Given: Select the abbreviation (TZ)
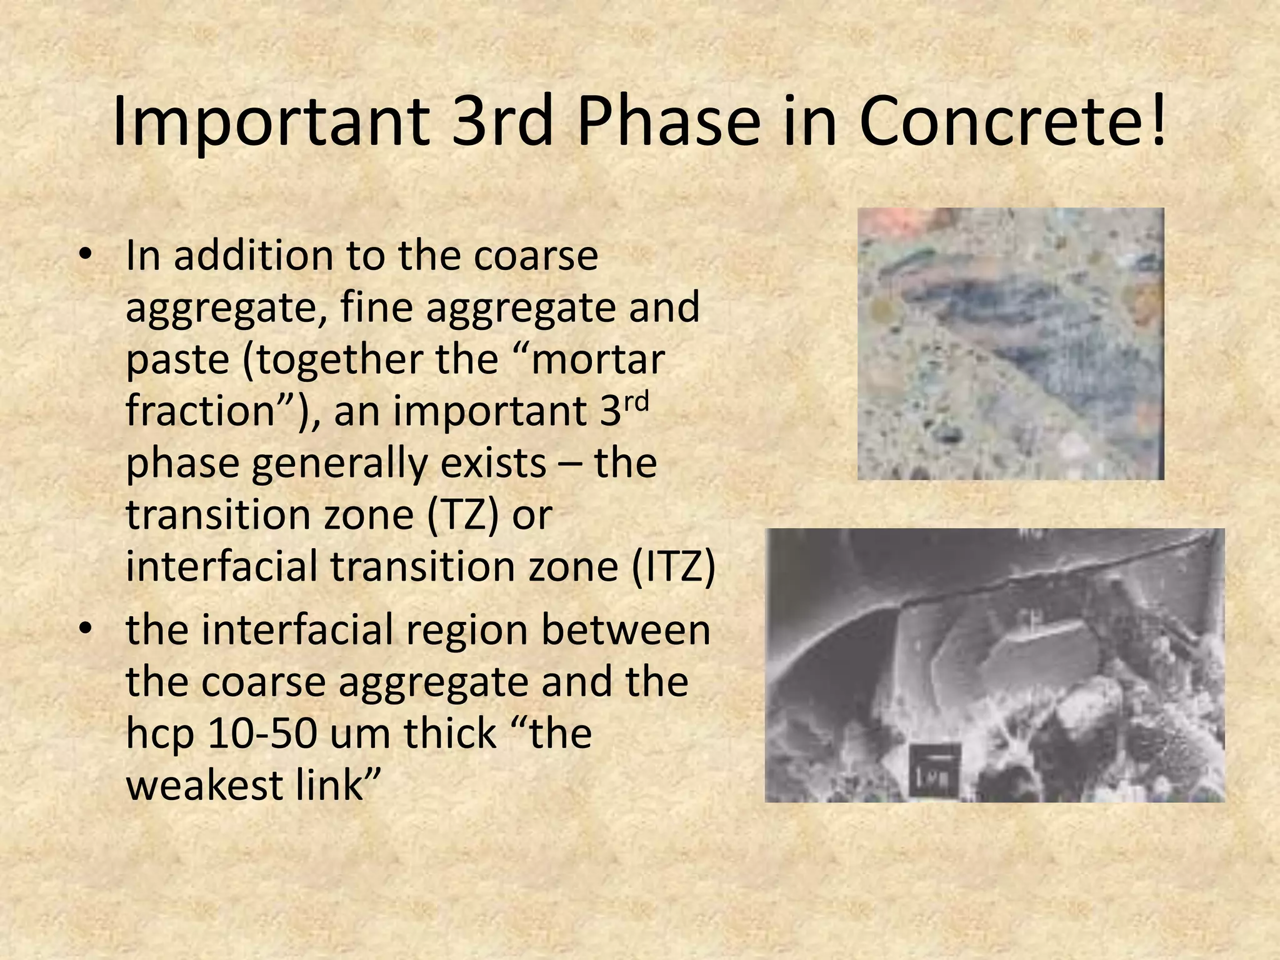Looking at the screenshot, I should [x=464, y=515].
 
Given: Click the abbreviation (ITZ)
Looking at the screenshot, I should [x=672, y=567].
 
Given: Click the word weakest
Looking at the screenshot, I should [x=204, y=786].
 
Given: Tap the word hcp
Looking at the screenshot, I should [x=160, y=735].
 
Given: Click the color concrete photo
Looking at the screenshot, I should [x=1010, y=344].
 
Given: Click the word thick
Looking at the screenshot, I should [x=449, y=734].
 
